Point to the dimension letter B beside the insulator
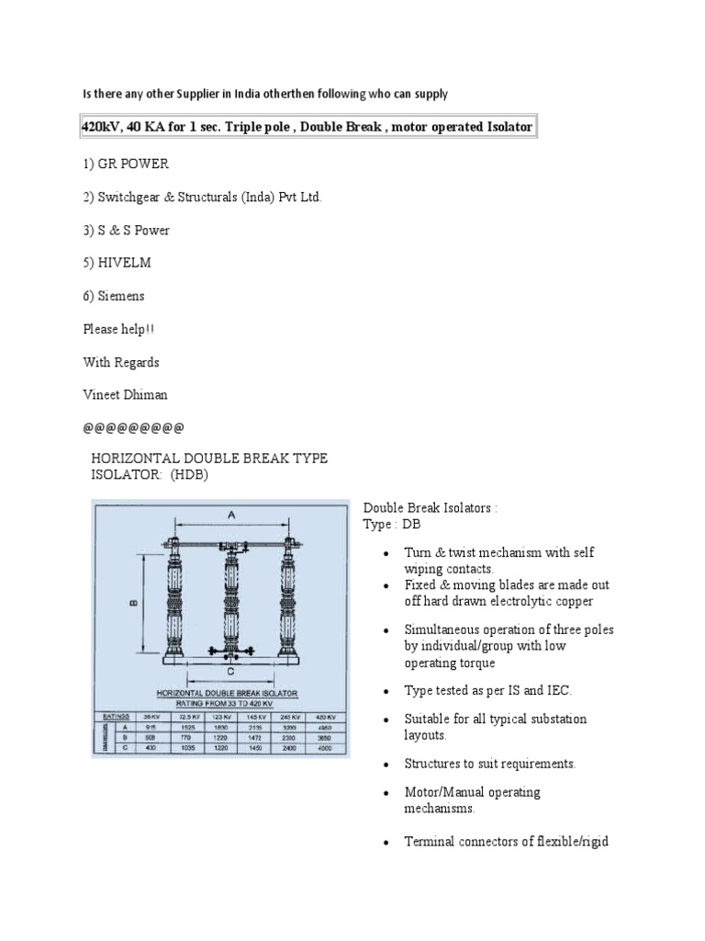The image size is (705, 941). (133, 603)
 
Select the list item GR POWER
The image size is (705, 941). (133, 164)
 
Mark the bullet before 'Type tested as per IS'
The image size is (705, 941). (386, 690)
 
